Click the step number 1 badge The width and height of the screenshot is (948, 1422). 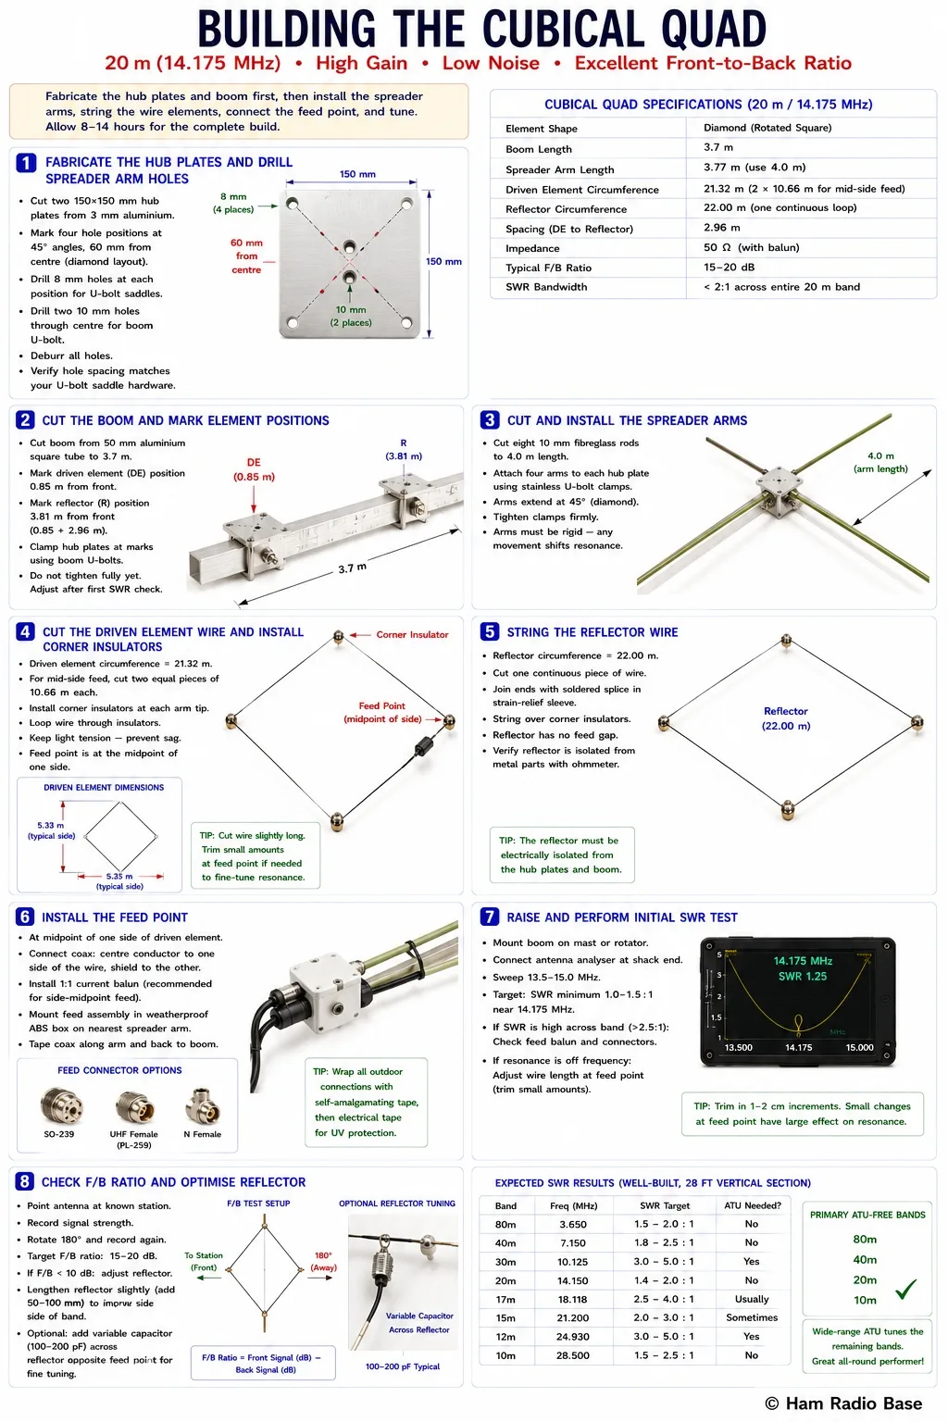click(x=25, y=163)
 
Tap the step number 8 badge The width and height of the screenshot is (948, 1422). click(x=25, y=1181)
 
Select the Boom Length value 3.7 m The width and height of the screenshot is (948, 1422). click(x=718, y=147)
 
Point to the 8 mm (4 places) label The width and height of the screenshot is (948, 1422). click(x=233, y=203)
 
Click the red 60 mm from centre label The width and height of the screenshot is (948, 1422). click(x=246, y=256)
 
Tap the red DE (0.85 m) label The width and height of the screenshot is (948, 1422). click(x=254, y=469)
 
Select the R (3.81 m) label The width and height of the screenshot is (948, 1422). click(x=404, y=449)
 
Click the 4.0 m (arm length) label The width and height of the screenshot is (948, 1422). click(x=880, y=462)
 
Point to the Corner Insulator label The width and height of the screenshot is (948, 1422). click(x=412, y=634)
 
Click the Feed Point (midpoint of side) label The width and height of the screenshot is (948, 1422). click(x=382, y=712)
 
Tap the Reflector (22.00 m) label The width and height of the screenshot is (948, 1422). click(x=786, y=718)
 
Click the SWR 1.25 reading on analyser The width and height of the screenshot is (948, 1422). click(x=803, y=977)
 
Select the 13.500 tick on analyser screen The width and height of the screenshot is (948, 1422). click(x=739, y=1047)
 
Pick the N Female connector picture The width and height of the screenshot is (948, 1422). click(x=203, y=1105)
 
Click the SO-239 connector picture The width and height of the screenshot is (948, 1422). click(x=61, y=1105)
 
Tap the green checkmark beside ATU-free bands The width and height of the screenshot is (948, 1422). click(x=906, y=1289)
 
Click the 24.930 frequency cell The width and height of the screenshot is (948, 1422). click(x=573, y=1336)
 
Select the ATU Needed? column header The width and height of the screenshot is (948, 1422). click(x=753, y=1205)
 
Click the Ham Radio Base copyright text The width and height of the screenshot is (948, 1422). click(x=843, y=1403)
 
